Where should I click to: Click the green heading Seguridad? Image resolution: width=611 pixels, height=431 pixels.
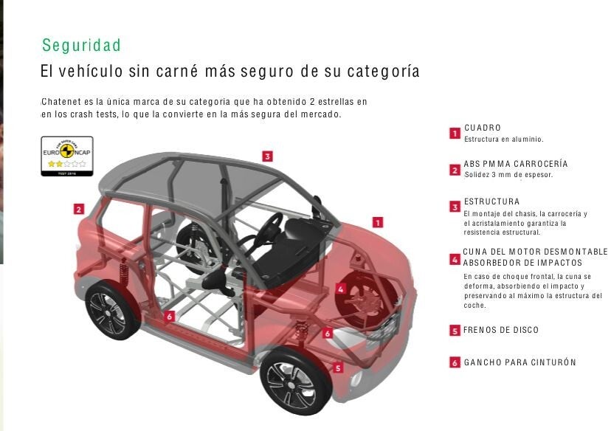pos(81,45)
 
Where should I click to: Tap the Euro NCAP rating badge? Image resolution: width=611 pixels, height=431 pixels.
pos(67,156)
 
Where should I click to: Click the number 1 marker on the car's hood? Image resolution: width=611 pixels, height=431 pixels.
pos(377,222)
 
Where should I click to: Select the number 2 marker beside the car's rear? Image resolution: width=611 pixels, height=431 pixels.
pos(79,210)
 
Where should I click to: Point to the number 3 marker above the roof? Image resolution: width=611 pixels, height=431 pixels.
pos(267,156)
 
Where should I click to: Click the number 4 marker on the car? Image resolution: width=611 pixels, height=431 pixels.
pos(341,289)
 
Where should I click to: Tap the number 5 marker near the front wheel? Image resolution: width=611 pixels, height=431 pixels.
pos(338,368)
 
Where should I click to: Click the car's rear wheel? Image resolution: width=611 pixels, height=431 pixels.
pos(111,309)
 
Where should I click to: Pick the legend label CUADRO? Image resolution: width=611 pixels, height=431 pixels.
pos(483,128)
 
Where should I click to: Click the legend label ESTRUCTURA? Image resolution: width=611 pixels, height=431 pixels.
pos(491,201)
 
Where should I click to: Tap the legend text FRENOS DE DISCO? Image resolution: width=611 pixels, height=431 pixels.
pos(501,330)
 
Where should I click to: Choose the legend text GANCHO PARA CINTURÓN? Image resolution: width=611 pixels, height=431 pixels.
pos(519,362)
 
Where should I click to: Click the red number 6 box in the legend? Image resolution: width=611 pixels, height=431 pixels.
pos(455,362)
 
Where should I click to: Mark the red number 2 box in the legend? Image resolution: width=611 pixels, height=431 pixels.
pos(455,170)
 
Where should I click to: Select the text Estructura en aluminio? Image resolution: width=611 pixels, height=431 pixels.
pos(503,139)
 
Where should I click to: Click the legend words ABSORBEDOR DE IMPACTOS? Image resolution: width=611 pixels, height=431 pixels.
pos(522,263)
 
